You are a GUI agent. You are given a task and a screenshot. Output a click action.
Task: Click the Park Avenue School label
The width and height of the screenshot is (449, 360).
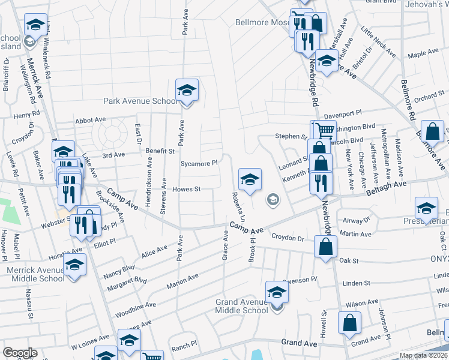pyautogui.click(x=140, y=101)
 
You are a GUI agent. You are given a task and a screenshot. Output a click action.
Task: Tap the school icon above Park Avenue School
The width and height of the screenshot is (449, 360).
pyautogui.click(x=187, y=91)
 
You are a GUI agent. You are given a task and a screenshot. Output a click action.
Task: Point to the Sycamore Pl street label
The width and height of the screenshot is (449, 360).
pyautogui.click(x=198, y=163)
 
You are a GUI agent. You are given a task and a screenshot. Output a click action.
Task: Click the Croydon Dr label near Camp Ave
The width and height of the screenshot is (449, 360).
pyautogui.click(x=288, y=238)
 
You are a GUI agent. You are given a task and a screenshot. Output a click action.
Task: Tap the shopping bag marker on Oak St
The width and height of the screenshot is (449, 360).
pyautogui.click(x=325, y=246)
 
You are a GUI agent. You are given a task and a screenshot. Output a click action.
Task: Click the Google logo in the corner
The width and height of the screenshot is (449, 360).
pyautogui.click(x=20, y=353)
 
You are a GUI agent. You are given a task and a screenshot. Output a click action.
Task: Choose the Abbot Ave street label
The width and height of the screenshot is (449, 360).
pyautogui.click(x=90, y=120)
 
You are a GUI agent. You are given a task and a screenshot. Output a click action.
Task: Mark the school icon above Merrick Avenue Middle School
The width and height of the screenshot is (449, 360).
pyautogui.click(x=75, y=265)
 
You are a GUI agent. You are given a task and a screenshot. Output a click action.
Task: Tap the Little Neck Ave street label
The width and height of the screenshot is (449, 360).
pyautogui.click(x=378, y=41)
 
